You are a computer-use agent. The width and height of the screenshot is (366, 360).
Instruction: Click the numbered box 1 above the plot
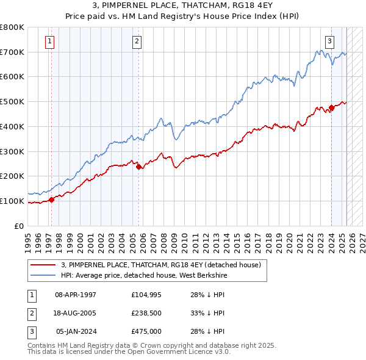[49, 41]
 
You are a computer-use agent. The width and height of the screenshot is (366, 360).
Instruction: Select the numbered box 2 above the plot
[137, 41]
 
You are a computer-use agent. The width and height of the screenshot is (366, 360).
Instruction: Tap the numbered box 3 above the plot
[329, 41]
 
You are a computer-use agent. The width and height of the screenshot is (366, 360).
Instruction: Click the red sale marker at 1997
[51, 199]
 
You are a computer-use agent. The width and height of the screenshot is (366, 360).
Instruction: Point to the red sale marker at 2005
[139, 166]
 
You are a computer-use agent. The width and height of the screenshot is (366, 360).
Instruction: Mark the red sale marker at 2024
[331, 107]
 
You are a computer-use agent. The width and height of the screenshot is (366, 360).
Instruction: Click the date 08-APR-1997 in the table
[76, 295]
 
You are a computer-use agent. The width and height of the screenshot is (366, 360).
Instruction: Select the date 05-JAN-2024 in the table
[76, 332]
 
